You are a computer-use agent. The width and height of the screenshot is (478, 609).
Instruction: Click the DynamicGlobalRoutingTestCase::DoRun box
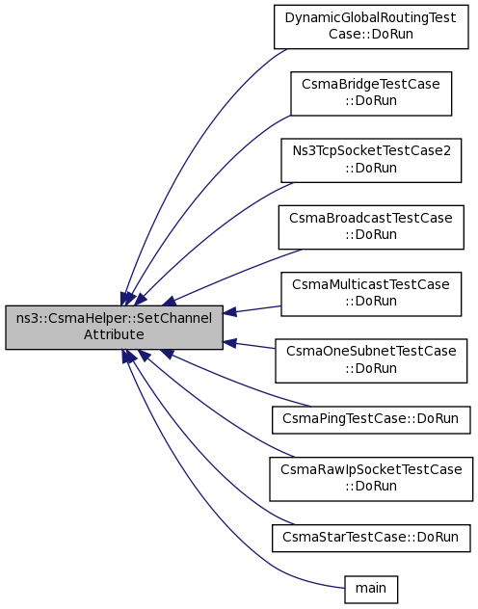tap(371, 27)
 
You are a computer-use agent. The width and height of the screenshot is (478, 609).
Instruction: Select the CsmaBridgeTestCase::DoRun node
tap(371, 93)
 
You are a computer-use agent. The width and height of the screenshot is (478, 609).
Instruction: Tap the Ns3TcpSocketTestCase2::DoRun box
tap(371, 160)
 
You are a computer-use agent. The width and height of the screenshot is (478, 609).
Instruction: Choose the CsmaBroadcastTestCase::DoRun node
tap(371, 227)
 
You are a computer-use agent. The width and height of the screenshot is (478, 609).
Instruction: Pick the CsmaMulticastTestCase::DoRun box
tap(371, 294)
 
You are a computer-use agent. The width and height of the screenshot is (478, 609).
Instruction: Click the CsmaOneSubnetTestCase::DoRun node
tap(371, 360)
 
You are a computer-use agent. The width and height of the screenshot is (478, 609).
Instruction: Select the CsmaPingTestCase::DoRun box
tap(371, 420)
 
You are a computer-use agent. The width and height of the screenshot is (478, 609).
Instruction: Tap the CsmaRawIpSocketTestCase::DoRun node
tap(371, 479)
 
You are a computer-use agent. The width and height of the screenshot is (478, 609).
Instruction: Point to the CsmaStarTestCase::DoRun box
tap(371, 538)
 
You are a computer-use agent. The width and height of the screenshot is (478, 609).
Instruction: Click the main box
tap(371, 590)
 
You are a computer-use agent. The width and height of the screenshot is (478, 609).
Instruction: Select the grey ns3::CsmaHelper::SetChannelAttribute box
tap(114, 328)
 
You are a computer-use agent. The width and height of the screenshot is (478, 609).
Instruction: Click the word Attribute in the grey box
tap(114, 334)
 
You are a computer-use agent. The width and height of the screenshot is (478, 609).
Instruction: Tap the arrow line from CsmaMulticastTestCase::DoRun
tap(252, 310)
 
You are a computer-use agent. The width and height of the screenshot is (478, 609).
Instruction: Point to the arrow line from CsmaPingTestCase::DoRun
tap(233, 380)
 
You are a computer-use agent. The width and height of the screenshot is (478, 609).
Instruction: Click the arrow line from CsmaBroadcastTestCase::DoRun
tap(233, 275)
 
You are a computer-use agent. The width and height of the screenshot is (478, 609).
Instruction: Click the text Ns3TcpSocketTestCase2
tap(372, 151)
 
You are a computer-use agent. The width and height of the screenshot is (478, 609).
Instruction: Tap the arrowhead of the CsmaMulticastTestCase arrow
tap(229, 312)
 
